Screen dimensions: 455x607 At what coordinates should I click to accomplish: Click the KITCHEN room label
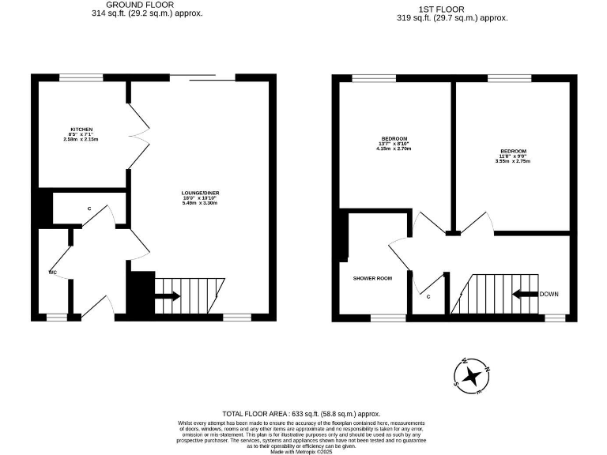click(81, 129)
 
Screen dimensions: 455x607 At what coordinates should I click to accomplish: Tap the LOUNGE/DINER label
click(199, 193)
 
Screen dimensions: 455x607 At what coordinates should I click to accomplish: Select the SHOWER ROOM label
click(372, 278)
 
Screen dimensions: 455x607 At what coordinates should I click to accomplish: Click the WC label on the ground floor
click(52, 273)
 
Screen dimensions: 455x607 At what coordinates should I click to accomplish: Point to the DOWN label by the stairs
click(550, 294)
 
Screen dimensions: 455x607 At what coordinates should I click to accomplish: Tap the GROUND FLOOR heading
click(140, 5)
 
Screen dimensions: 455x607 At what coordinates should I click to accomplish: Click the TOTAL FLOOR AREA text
click(301, 413)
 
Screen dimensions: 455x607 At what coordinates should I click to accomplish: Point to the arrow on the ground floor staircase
click(167, 297)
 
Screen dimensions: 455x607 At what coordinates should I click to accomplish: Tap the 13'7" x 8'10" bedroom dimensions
click(394, 144)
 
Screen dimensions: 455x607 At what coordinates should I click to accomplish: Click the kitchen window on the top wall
click(81, 77)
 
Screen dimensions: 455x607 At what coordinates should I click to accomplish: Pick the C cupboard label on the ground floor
click(89, 209)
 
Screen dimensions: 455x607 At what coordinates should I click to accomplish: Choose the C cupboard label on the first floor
click(428, 297)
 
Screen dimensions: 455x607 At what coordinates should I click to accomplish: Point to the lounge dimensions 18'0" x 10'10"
click(199, 198)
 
